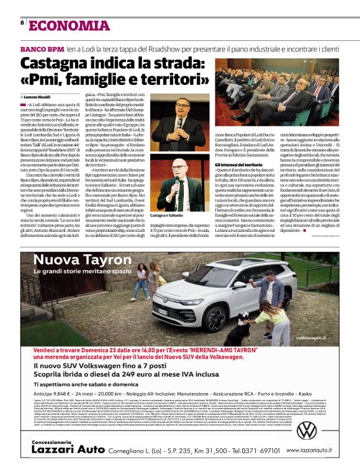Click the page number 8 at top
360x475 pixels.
(22, 23)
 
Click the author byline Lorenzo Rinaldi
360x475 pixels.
(37, 97)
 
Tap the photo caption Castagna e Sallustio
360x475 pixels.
(168, 232)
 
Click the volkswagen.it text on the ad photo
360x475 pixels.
(314, 339)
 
